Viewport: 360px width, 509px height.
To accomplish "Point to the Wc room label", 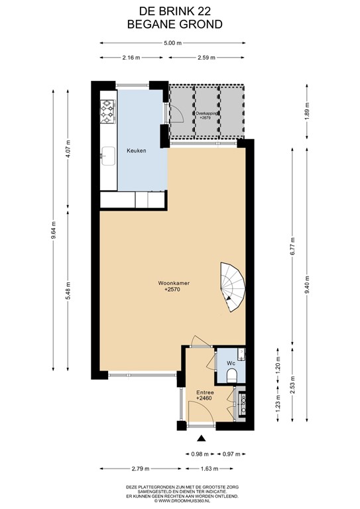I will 231,364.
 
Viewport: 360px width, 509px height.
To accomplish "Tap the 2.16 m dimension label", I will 131,58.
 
